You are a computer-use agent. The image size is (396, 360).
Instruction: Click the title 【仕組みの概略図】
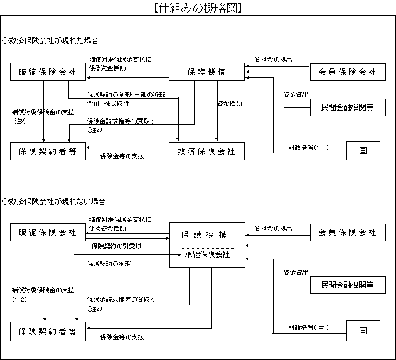(x=198, y=8)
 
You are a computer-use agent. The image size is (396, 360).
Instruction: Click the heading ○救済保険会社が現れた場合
(x=50, y=41)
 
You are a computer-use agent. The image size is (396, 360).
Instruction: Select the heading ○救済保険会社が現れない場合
(x=54, y=202)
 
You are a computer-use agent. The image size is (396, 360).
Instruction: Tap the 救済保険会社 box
(x=206, y=151)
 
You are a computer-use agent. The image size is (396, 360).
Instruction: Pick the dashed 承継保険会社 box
(x=207, y=255)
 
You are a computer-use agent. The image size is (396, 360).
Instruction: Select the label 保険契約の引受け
(x=116, y=246)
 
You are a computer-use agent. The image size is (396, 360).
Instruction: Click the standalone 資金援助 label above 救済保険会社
(x=230, y=103)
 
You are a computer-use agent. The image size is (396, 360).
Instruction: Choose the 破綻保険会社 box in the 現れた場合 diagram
(x=48, y=72)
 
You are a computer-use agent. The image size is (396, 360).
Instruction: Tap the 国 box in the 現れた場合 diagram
(x=363, y=151)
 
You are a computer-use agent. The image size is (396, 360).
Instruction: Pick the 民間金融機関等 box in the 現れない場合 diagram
(x=343, y=285)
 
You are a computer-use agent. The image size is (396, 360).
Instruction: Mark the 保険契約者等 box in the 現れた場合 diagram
(x=48, y=151)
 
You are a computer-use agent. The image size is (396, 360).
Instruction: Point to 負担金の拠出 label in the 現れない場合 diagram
(x=272, y=227)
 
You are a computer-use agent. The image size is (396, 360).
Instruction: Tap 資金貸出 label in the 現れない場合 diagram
(x=296, y=273)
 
